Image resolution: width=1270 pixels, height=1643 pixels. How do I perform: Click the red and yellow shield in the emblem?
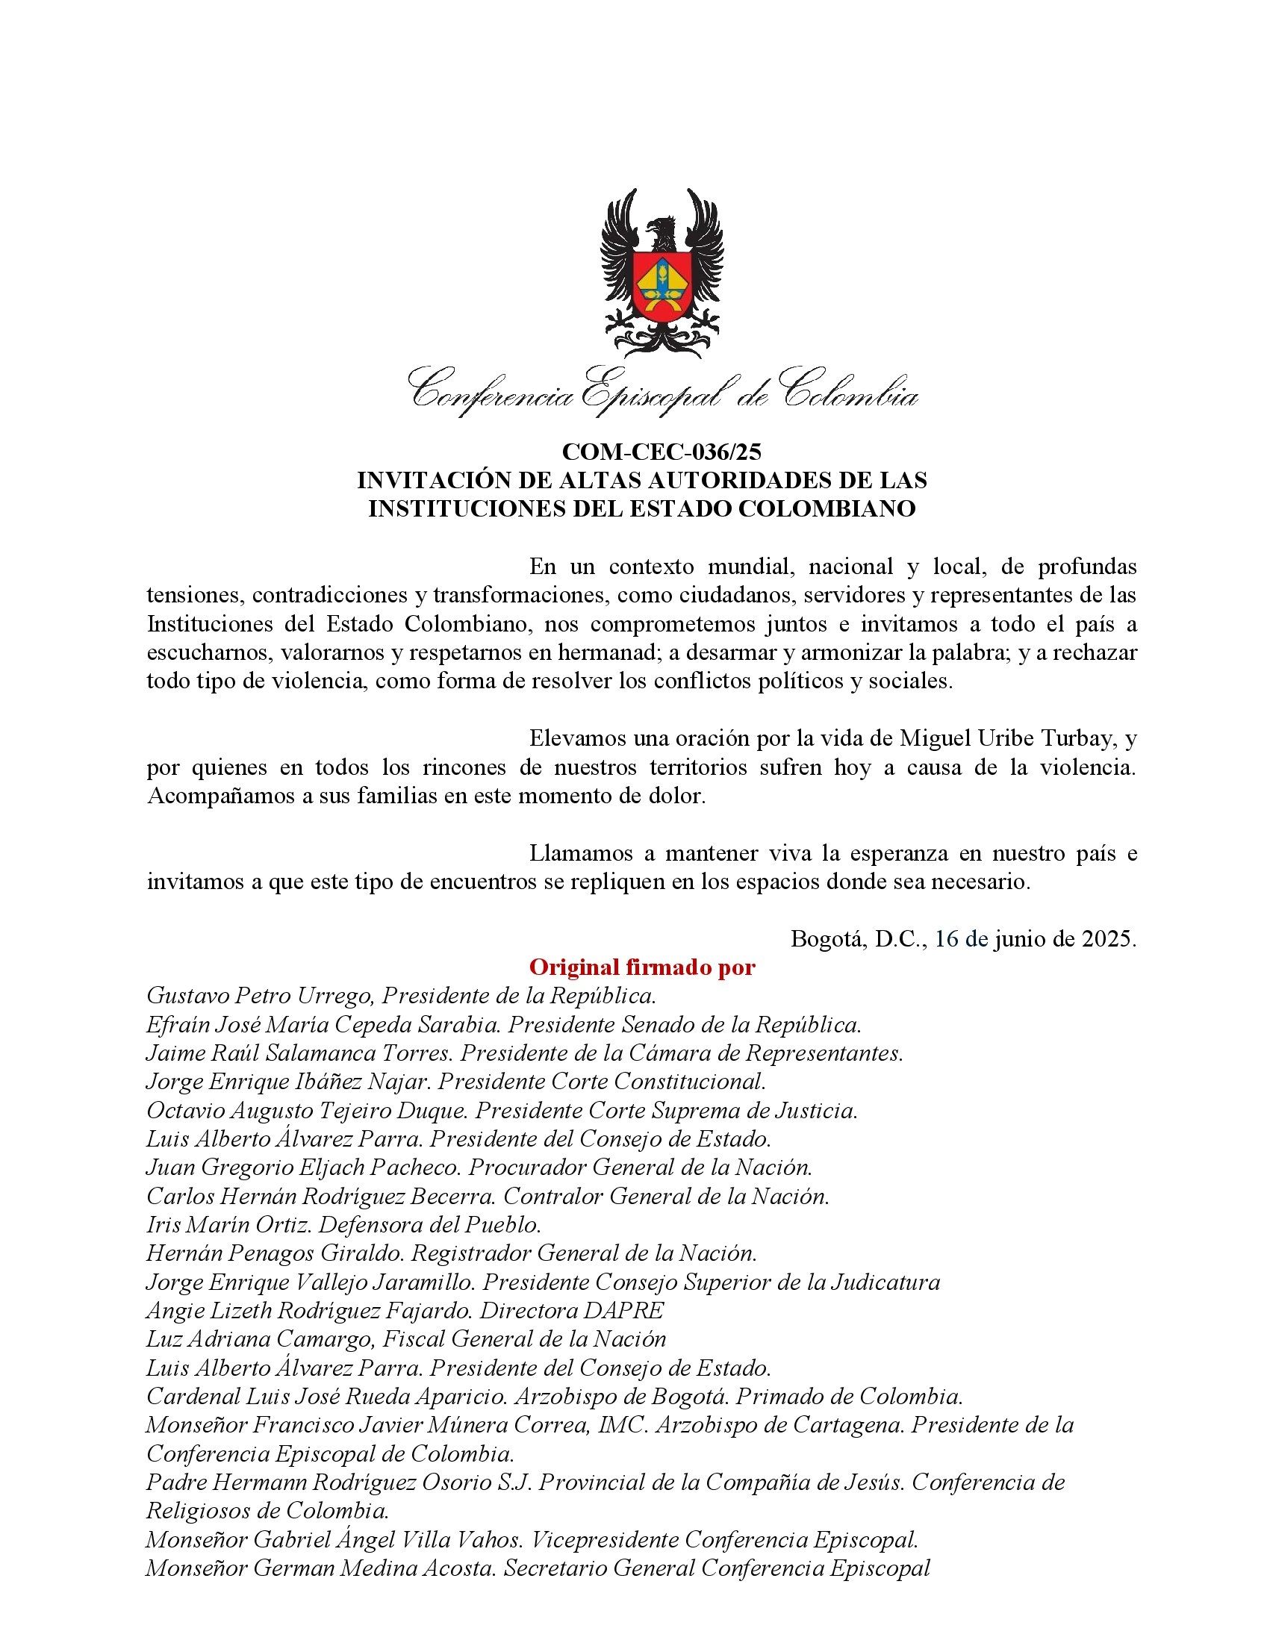click(661, 284)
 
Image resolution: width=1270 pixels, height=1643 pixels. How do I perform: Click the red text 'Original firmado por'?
click(642, 967)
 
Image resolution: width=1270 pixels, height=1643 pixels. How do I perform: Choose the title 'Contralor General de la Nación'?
click(666, 1196)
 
